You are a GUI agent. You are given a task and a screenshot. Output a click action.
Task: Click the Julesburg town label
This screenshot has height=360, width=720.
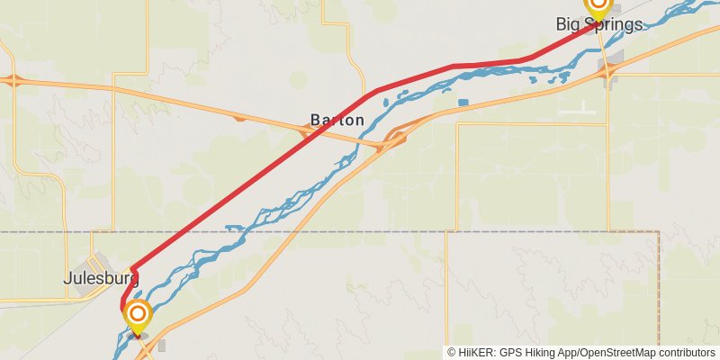point(101,279)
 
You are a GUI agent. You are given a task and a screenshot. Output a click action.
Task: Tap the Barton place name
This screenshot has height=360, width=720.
point(337,120)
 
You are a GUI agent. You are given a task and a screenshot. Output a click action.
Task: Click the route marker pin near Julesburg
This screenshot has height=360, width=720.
point(138,315)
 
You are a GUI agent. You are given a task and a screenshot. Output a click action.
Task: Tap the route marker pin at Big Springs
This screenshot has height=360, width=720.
point(598,7)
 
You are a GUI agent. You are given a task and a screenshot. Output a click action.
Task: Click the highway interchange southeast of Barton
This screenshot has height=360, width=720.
point(393,139)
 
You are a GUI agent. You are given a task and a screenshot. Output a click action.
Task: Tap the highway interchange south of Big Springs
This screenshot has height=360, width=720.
point(611,71)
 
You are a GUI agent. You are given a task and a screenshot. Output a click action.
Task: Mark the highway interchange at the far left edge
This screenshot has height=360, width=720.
point(13,80)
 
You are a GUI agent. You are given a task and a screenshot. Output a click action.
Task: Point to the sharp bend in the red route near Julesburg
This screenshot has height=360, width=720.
point(132,268)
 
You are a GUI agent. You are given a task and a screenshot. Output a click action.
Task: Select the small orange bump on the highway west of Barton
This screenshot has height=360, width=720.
point(238,117)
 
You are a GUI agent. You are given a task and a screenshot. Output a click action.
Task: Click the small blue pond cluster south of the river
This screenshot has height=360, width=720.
point(463,103)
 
